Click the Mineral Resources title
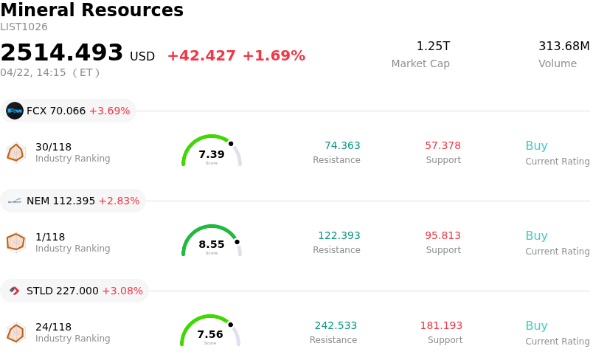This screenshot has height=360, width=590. click(91, 10)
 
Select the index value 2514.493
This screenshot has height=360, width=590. click(62, 53)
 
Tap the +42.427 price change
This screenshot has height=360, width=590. click(201, 56)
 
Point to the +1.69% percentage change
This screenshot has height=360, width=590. click(274, 56)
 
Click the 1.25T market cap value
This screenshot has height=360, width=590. click(433, 46)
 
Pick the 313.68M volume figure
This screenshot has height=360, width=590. click(563, 46)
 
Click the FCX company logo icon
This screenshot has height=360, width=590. click(15, 111)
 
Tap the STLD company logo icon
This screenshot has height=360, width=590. click(15, 291)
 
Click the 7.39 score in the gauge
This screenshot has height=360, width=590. click(212, 154)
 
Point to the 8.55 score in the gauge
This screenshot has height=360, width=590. click(212, 244)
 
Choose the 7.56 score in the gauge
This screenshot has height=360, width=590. click(210, 334)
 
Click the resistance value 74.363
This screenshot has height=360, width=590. click(342, 146)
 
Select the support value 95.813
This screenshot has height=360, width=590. click(442, 236)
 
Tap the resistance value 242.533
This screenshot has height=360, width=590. click(336, 326)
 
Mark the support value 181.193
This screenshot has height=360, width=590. click(441, 326)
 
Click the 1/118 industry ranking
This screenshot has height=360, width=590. click(50, 237)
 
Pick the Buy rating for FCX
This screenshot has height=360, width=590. click(536, 146)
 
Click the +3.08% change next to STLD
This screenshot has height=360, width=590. click(122, 291)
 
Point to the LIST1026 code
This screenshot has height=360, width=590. click(24, 27)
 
